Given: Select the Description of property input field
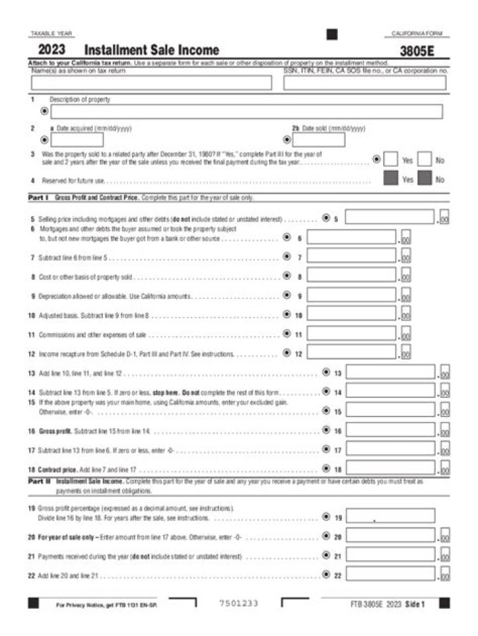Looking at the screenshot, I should pos(246,112).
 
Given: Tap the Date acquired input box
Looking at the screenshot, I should pos(77,140).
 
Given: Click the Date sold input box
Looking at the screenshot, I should pos(319,140).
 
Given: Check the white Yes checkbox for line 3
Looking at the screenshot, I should pos(391,160).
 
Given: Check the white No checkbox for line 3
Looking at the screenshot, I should pos(425,160).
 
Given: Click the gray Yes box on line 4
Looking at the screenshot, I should pos(391,179).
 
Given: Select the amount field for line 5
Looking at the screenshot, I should pos(390,217).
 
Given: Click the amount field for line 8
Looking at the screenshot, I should pos(351,275).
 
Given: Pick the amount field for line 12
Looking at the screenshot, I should pos(351,353).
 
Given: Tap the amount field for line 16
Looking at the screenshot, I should pos(390,431).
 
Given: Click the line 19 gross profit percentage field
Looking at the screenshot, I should pos(390,516).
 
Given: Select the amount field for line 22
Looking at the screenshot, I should pos(390,575).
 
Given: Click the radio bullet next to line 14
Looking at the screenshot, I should pos(326,391).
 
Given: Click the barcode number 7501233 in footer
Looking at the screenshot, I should pos(238,603).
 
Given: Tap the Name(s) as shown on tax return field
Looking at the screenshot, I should pos(151,83).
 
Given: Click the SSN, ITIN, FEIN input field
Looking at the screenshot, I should pos(364,83).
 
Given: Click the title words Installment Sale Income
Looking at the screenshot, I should pos(152,51).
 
